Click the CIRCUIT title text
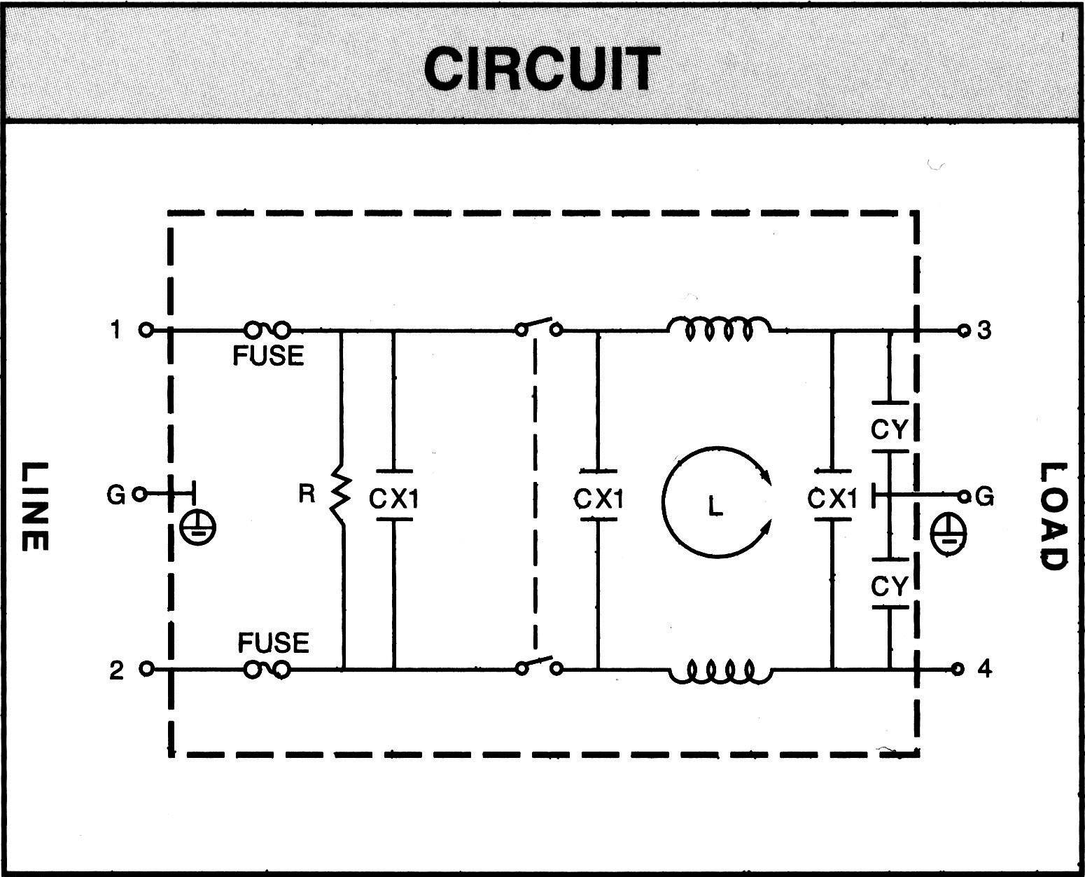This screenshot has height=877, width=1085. click(x=541, y=69)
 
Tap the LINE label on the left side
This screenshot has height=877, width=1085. click(x=33, y=506)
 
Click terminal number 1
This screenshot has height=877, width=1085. click(x=115, y=329)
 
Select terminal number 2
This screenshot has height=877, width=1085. click(x=116, y=670)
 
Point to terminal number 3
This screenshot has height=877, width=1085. click(x=984, y=329)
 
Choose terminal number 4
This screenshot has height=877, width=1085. click(x=984, y=669)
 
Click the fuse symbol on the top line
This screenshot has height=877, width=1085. click(x=267, y=329)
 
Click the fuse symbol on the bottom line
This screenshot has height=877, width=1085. click(x=267, y=670)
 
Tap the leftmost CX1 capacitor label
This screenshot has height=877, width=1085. click(x=394, y=499)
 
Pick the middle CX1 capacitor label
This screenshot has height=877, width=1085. click(x=598, y=499)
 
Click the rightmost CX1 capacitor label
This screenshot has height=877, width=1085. click(x=832, y=499)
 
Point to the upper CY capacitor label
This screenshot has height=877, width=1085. click(x=889, y=429)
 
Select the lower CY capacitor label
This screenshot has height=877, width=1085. click(x=889, y=586)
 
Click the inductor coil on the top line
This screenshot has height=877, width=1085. click(x=719, y=329)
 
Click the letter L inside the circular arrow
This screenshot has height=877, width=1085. click(x=714, y=505)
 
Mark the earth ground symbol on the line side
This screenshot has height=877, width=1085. click(x=197, y=527)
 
